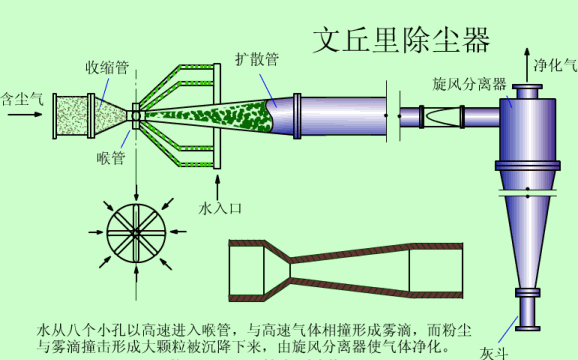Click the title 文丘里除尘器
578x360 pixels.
(x=401, y=40)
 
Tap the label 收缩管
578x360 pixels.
(x=107, y=67)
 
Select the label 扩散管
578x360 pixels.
(x=257, y=59)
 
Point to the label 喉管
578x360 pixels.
(x=111, y=158)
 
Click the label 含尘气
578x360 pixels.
(x=22, y=99)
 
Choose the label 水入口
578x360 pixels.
(x=220, y=209)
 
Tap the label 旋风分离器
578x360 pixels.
(x=469, y=84)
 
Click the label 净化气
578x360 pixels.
(x=556, y=65)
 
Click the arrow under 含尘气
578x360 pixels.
(x=25, y=115)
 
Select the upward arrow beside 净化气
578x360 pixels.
(x=527, y=65)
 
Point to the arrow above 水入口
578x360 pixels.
(x=217, y=188)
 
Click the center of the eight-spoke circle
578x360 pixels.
(x=136, y=233)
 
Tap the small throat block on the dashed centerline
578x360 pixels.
(x=136, y=116)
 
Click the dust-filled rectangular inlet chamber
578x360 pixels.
(x=72, y=116)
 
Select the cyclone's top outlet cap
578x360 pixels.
(x=527, y=91)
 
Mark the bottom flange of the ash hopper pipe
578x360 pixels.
(x=528, y=328)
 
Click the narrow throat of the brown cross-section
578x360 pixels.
(x=290, y=270)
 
